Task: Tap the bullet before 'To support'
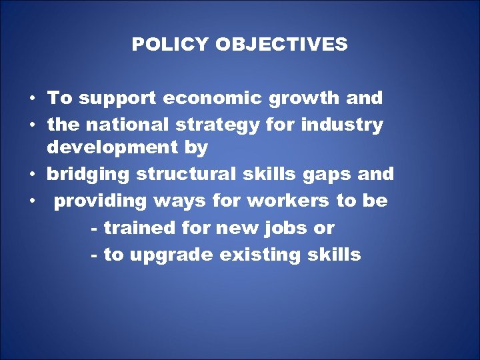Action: [32, 99]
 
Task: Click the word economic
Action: [213, 99]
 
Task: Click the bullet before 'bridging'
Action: [32, 175]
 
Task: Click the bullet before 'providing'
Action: [32, 201]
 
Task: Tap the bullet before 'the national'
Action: [32, 125]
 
